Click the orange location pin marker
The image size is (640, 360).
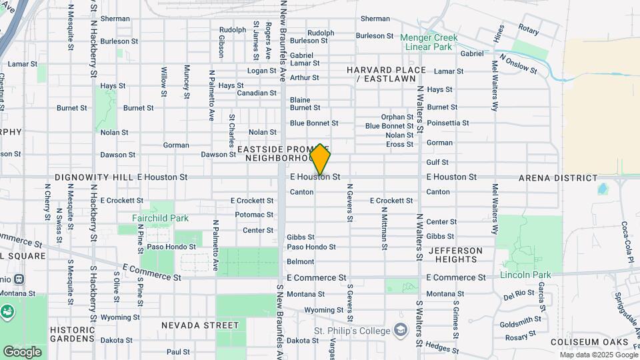point(321,159)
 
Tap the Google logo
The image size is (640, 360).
point(22,351)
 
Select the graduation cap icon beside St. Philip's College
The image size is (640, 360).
point(400,330)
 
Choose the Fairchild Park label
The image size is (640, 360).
point(160,218)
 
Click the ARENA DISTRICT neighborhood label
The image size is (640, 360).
point(558,178)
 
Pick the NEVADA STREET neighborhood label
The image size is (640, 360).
point(199,325)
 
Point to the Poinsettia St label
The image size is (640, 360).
point(448,123)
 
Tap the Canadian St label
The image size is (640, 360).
point(257,93)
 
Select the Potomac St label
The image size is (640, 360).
point(254,215)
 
